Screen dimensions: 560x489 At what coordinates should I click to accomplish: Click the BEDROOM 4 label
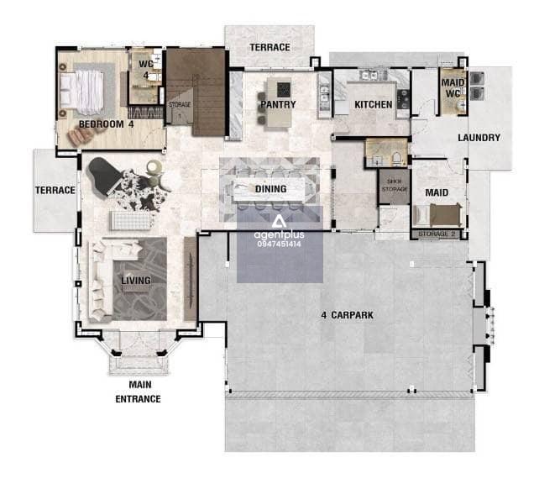[106, 124]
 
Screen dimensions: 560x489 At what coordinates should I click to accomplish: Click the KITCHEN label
[374, 104]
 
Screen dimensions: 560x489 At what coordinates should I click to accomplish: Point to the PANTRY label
[278, 104]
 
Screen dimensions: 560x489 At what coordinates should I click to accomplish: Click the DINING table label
[270, 189]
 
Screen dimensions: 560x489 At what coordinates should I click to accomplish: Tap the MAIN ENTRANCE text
[139, 392]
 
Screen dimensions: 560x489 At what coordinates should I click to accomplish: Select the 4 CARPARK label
[347, 315]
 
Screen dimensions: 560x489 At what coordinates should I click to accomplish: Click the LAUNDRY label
[479, 138]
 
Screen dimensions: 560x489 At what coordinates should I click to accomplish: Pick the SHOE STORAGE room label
[395, 185]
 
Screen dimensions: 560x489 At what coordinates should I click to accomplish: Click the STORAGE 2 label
[437, 234]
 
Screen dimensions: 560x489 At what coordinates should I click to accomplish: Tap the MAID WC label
[453, 88]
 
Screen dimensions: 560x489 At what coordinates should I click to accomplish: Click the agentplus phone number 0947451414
[279, 244]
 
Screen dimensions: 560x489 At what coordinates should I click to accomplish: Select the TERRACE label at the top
[270, 47]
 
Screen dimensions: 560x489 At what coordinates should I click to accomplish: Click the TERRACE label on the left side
[55, 190]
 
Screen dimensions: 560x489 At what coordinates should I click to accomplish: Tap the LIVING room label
[136, 281]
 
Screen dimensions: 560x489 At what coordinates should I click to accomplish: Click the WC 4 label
[146, 70]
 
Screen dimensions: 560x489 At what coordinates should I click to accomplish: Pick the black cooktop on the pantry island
[284, 89]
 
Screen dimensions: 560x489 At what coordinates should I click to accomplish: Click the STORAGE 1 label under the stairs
[180, 110]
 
